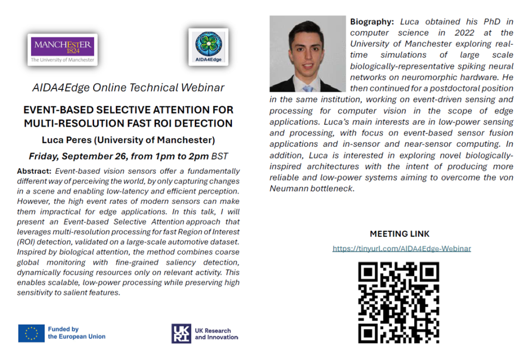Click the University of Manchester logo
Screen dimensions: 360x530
point(63,49)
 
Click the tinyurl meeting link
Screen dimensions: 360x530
point(402,248)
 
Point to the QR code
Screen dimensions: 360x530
point(399,302)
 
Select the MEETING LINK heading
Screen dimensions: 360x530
point(399,234)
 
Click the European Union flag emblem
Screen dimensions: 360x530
point(31,333)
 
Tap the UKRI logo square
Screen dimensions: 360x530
point(181,333)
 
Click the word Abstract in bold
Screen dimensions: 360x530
point(34,171)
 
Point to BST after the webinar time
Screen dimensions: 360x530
point(219,156)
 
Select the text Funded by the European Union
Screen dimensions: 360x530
point(76,333)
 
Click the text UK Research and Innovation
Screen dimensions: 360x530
point(216,334)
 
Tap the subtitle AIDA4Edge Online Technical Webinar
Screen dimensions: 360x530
point(128,87)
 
